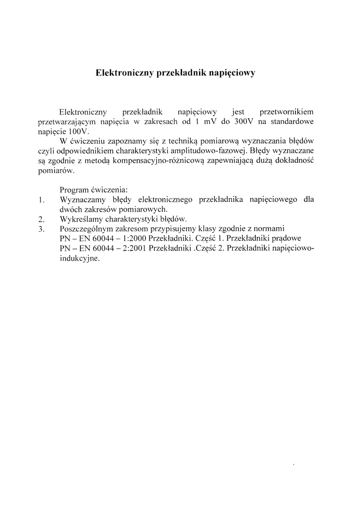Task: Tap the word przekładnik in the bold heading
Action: [x=180, y=73]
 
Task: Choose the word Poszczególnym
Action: [x=85, y=229]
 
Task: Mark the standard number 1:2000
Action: [x=130, y=239]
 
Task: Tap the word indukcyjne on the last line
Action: [x=79, y=258]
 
